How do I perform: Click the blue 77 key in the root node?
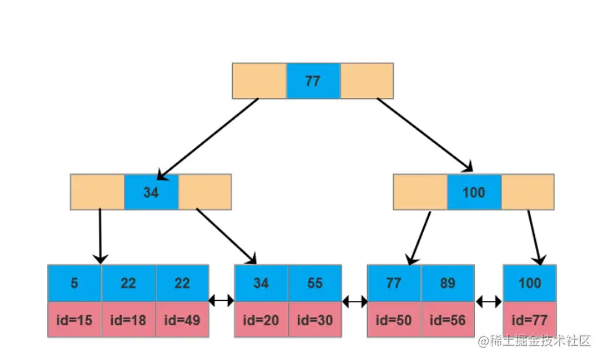(313, 81)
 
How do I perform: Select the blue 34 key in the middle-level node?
(151, 193)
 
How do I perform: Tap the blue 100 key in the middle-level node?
(473, 193)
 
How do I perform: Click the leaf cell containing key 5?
(74, 283)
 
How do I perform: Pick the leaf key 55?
(315, 283)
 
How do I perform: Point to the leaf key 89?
(448, 283)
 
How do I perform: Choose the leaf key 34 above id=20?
(261, 283)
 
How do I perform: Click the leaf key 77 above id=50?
(394, 283)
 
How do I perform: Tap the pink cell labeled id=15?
(74, 319)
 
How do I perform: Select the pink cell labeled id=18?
(128, 319)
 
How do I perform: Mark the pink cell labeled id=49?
(182, 319)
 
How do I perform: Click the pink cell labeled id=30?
(315, 319)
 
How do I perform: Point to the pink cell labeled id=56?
(448, 319)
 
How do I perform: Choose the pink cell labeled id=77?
(529, 319)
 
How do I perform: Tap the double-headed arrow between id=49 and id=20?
(221, 301)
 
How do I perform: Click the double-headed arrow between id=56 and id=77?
(489, 301)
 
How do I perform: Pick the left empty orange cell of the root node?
(259, 81)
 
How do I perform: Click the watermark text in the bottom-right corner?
(534, 341)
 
